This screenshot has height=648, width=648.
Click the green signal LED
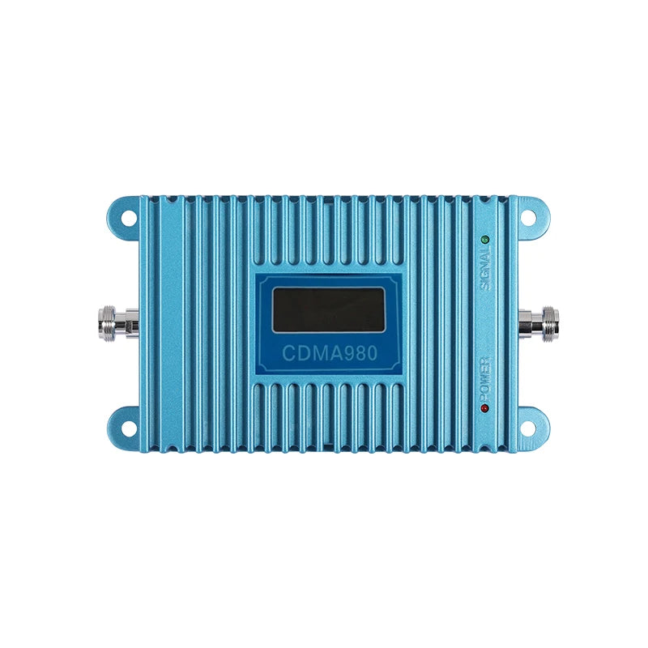(x=484, y=240)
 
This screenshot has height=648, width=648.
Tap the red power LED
(x=484, y=408)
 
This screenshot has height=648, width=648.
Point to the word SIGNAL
(x=486, y=269)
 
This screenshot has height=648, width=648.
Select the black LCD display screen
(x=329, y=309)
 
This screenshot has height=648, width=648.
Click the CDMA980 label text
(x=330, y=353)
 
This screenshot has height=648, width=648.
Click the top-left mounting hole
(x=129, y=218)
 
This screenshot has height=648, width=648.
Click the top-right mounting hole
(x=528, y=217)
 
